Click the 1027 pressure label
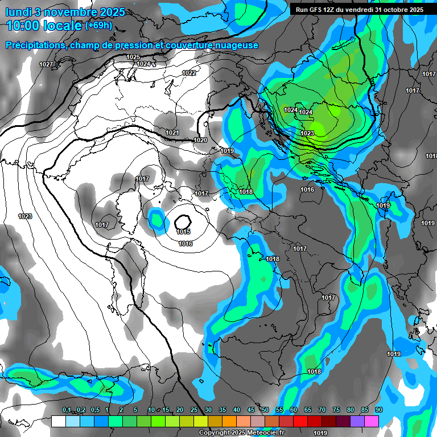pos(46,64)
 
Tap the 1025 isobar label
pos(133,57)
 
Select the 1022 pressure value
pos(189,73)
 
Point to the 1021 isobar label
pos(172,133)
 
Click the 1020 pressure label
pos(200,139)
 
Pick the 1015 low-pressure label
pos(183,232)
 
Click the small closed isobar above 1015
pos(183,221)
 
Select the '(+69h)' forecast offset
pos(98,26)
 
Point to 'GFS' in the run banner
pos(316,10)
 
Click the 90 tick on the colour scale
pos(378,410)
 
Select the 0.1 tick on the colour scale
pos(67,410)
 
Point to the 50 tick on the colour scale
pos(265,410)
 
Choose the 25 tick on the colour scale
pos(194,410)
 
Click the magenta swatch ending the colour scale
pos(372,421)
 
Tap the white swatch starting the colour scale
pos(59,421)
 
